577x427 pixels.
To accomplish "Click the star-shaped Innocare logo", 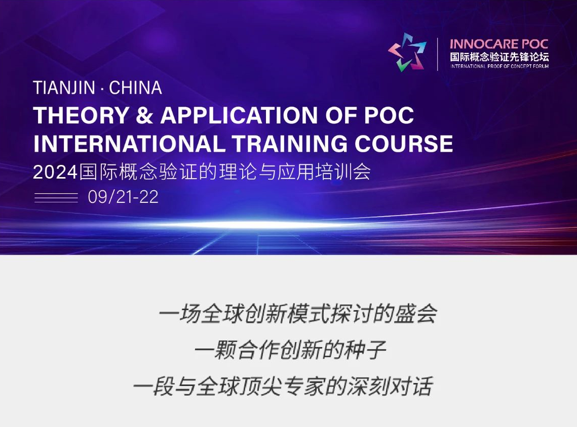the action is pyautogui.click(x=407, y=52).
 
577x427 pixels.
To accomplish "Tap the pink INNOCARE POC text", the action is pyautogui.click(x=499, y=44).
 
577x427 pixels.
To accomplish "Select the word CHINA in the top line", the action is pyautogui.click(x=135, y=88).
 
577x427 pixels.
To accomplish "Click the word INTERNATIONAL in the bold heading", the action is pyautogui.click(x=129, y=143).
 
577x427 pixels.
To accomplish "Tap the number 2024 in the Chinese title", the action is pyautogui.click(x=55, y=172).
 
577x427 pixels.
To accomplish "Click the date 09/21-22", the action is pyautogui.click(x=123, y=197).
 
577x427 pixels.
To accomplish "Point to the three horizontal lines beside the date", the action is pyautogui.click(x=56, y=197).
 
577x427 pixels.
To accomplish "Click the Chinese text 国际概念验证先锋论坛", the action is pyautogui.click(x=499, y=57).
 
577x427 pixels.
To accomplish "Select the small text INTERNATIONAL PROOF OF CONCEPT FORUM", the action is pyautogui.click(x=499, y=66).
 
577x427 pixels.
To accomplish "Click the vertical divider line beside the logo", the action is pyautogui.click(x=438, y=54).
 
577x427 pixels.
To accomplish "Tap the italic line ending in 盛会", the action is pyautogui.click(x=298, y=314).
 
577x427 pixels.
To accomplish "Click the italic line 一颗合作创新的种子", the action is pyautogui.click(x=290, y=350).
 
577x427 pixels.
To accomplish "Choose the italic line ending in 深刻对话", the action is pyautogui.click(x=283, y=386).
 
